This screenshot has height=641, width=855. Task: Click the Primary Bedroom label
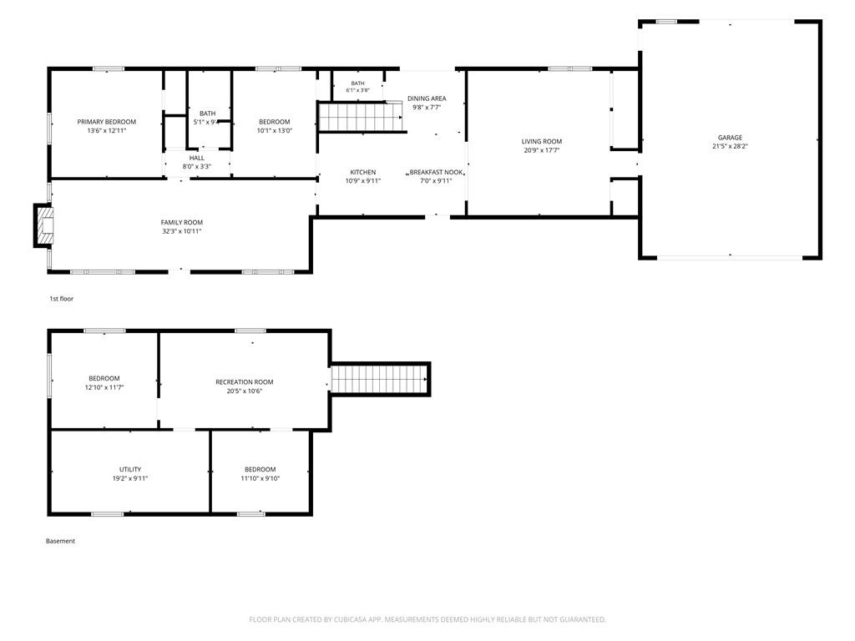(106, 122)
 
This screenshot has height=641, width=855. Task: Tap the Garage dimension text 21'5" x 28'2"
(730, 146)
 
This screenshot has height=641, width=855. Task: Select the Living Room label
(541, 142)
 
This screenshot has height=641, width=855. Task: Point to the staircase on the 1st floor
(362, 117)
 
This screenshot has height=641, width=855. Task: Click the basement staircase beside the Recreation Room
(380, 379)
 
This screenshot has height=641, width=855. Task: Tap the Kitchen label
(362, 172)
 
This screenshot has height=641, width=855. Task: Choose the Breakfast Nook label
(436, 172)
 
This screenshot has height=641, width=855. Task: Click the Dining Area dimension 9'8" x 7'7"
(427, 108)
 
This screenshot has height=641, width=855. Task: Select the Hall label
(197, 158)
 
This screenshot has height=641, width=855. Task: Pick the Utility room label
(130, 469)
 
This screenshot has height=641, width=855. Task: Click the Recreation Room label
(245, 382)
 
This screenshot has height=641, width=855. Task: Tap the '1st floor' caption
(61, 299)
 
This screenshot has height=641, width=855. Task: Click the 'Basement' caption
(60, 541)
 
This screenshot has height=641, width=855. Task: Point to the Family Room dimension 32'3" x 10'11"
(181, 231)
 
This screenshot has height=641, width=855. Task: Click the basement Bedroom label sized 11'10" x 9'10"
(261, 469)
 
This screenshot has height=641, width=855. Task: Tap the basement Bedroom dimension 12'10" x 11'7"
(104, 387)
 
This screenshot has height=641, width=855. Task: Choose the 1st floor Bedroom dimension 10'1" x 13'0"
(274, 131)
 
